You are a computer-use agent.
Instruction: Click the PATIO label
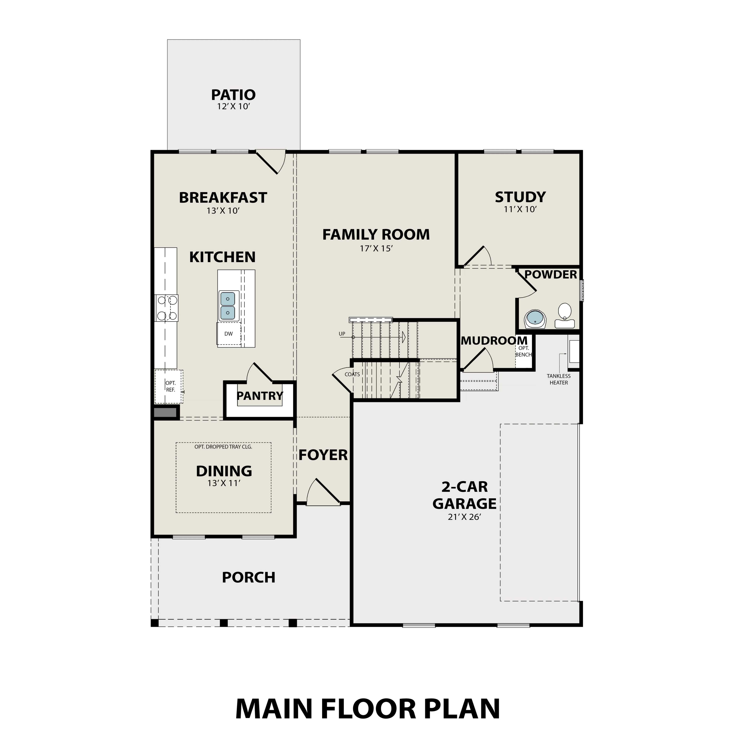click(x=233, y=95)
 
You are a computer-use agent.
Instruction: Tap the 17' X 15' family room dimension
click(x=376, y=248)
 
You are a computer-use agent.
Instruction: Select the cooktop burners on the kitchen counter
click(x=167, y=308)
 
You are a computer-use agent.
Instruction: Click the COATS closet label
click(x=352, y=374)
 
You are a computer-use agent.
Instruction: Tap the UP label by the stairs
click(x=342, y=334)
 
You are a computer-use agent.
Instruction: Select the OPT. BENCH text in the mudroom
click(x=523, y=351)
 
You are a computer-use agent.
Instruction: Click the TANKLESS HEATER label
click(x=559, y=379)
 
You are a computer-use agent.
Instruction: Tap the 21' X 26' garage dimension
click(x=465, y=517)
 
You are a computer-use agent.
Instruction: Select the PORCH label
click(x=248, y=577)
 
